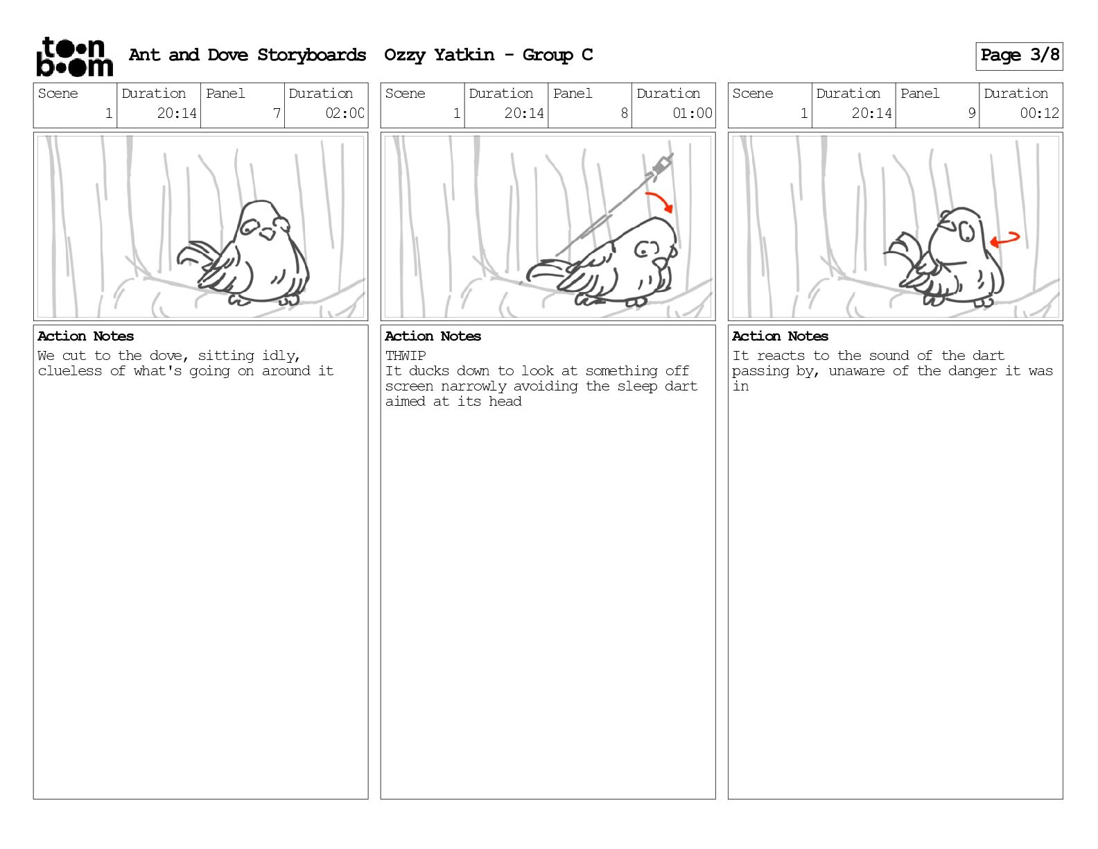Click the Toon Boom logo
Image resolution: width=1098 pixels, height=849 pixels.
(75, 57)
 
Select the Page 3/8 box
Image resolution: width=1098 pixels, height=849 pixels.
(1019, 56)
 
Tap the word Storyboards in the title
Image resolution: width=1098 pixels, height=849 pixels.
(311, 55)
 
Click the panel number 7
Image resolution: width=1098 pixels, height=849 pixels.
(277, 113)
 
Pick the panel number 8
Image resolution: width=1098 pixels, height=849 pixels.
(624, 113)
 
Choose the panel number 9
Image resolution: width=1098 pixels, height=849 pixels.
(971, 113)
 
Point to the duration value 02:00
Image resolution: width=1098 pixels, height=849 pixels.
(345, 113)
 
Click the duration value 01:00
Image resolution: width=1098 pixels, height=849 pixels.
(692, 113)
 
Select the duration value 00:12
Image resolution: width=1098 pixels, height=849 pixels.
(1039, 113)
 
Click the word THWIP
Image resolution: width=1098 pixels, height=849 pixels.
(406, 355)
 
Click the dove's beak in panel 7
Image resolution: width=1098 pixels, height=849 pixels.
(267, 234)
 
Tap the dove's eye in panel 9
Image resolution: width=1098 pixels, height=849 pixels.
(966, 232)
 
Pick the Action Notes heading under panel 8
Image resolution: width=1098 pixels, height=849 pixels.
(433, 336)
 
